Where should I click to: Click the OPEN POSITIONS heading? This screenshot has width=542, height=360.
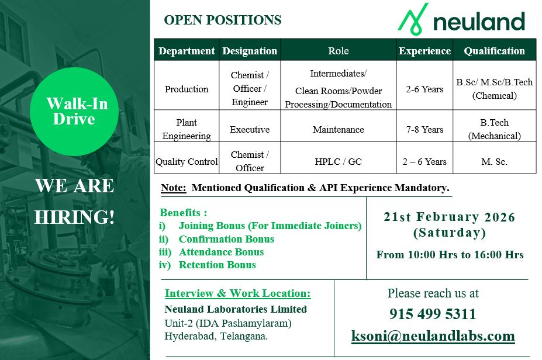(x=223, y=20)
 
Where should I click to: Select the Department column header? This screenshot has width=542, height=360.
(x=187, y=51)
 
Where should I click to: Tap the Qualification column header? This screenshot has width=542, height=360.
(x=494, y=51)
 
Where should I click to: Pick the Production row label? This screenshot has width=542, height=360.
(x=187, y=89)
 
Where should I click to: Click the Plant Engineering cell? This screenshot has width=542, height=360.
(x=187, y=129)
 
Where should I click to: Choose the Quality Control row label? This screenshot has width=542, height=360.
(x=187, y=161)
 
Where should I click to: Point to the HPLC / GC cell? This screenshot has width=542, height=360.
(x=338, y=161)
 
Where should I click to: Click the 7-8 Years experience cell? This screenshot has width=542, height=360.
(x=424, y=129)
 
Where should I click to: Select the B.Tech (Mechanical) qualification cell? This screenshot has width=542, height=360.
(x=494, y=129)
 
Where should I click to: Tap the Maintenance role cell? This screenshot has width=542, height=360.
(x=338, y=129)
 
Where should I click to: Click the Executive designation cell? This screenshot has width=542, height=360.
(x=250, y=129)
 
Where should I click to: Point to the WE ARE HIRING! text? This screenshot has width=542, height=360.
(x=74, y=202)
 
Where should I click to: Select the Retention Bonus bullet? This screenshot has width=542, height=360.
(x=217, y=265)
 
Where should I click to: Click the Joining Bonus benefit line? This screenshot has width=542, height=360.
(x=270, y=226)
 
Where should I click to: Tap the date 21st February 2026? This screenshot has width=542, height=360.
(x=449, y=217)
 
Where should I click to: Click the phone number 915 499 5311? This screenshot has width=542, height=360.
(x=433, y=314)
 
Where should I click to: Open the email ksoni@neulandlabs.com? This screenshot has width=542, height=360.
(x=433, y=336)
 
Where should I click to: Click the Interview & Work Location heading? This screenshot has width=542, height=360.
(x=237, y=293)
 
